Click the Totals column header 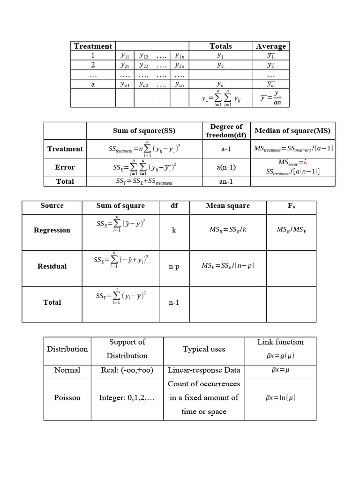pyautogui.click(x=221, y=46)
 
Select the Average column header pyautogui.click(x=271, y=46)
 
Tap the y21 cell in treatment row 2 pyautogui.click(x=125, y=65)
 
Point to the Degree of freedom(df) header pyautogui.click(x=226, y=131)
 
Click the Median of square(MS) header pyautogui.click(x=292, y=130)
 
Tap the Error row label pyautogui.click(x=65, y=167)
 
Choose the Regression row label pyautogui.click(x=52, y=230)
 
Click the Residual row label pyautogui.click(x=52, y=266)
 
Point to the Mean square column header pyautogui.click(x=228, y=206)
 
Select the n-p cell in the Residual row pyautogui.click(x=174, y=267)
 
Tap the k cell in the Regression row pyautogui.click(x=174, y=231)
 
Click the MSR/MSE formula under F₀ pyautogui.click(x=291, y=230)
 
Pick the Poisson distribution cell pyautogui.click(x=67, y=397)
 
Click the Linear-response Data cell pyautogui.click(x=204, y=370)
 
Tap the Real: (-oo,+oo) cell pyautogui.click(x=127, y=370)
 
